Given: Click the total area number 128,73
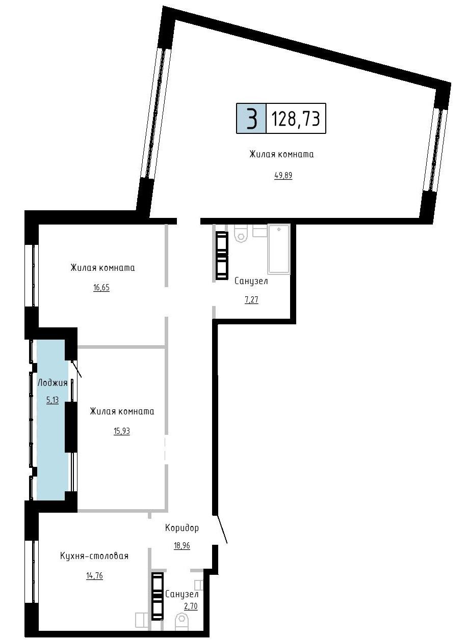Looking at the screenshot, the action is tap(295, 119).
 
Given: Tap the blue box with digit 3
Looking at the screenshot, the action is tap(251, 118).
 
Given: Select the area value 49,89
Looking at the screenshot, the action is tap(283, 176).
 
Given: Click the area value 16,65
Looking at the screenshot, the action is tap(101, 287).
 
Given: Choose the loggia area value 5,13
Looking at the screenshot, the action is tap(53, 400).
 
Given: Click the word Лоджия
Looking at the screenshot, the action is tap(53, 383).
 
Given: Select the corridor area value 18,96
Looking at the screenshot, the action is tap(182, 545).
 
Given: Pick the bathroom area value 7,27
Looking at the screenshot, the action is tap(251, 299).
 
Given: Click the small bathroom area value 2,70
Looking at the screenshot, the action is tap(191, 606).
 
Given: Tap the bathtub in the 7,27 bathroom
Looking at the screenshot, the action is tap(279, 248).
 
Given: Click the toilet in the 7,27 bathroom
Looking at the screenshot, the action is tap(241, 233).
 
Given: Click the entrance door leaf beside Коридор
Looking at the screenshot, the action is tap(222, 529).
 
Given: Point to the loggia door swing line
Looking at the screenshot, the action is tap(76, 368).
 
